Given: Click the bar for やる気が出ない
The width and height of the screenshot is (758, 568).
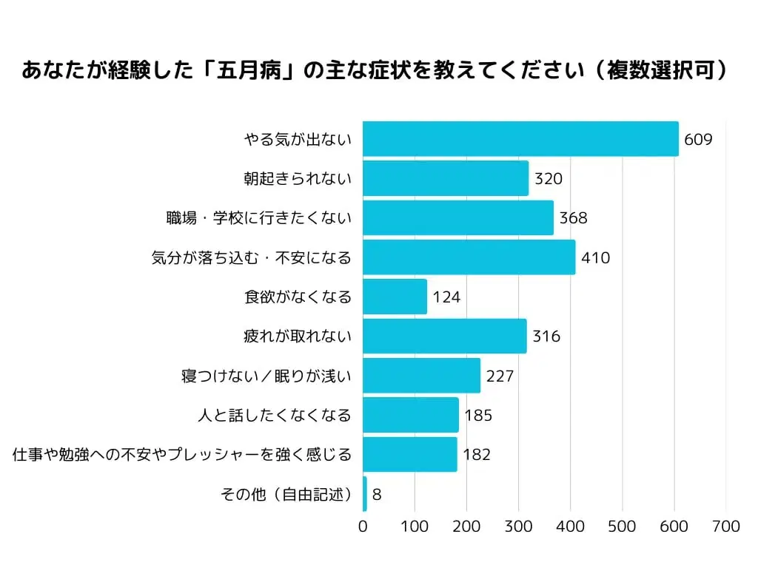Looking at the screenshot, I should point(520,138).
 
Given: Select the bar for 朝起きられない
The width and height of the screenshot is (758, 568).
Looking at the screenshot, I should point(446,178).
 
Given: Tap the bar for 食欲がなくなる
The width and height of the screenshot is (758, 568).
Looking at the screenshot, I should point(395,297).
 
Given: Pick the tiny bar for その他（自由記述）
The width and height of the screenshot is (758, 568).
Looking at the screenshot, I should point(365,494).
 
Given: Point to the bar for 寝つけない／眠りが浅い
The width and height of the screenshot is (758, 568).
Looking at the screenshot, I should point(421,376).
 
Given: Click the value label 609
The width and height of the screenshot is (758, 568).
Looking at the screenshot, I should point(698,139).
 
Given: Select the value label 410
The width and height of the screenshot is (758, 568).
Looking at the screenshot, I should point(596,257).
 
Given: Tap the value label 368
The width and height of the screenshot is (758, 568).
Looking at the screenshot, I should point(573,218).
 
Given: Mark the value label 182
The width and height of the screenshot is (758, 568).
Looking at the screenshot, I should point(477,455).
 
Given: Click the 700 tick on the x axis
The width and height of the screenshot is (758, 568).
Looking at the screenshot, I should point(725,527).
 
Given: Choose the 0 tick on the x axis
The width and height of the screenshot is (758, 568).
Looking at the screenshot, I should point(363,527).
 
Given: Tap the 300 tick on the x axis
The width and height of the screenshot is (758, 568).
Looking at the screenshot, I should point(518,527).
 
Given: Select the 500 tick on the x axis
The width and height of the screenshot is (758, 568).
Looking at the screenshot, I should point(622,527).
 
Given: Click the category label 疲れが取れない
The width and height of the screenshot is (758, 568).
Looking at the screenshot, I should point(298,337).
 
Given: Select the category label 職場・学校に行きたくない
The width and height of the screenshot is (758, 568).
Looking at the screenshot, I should point(258,218).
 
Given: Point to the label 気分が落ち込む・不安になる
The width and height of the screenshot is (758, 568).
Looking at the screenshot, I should point(251,257).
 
